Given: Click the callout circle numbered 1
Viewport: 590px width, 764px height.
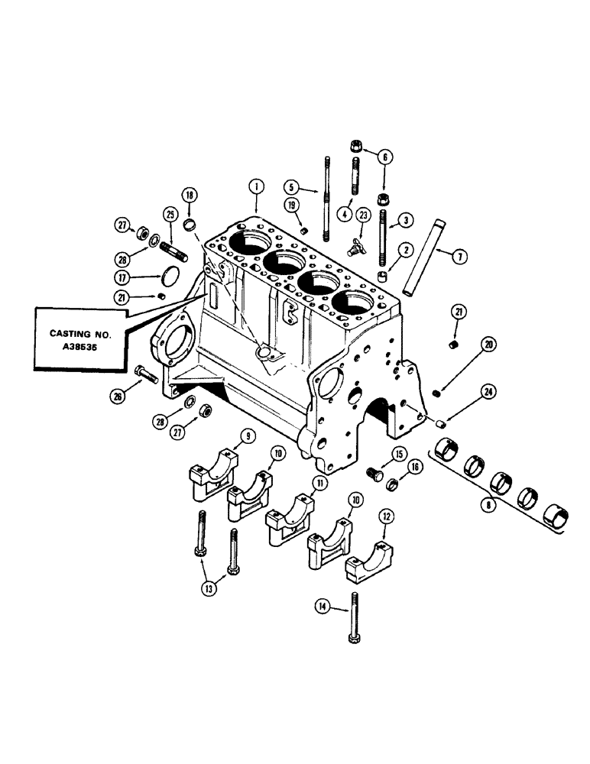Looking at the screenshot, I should click(x=257, y=185).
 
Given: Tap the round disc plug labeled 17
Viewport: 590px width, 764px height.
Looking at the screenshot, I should click(x=170, y=277).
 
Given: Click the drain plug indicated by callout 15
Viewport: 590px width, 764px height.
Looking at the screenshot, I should click(x=374, y=474).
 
